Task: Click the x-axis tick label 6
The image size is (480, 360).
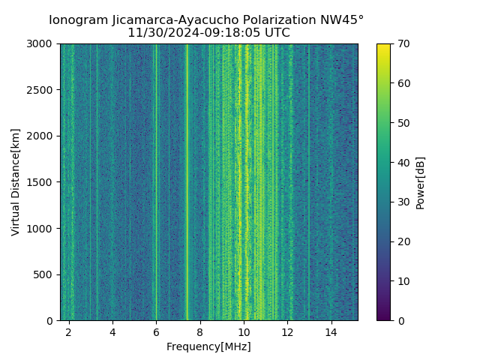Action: [x=156, y=331]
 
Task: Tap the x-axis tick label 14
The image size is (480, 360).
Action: [x=331, y=331]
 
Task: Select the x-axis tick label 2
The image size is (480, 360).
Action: [x=69, y=331]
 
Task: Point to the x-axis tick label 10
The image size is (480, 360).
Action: [x=244, y=331]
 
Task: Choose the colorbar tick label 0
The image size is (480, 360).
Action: [x=399, y=320]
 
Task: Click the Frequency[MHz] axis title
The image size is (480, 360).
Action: [x=208, y=346]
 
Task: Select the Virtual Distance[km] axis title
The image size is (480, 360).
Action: [x=16, y=182]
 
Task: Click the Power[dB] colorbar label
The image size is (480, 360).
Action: [x=421, y=182]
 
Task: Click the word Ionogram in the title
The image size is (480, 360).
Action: [x=79, y=20]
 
